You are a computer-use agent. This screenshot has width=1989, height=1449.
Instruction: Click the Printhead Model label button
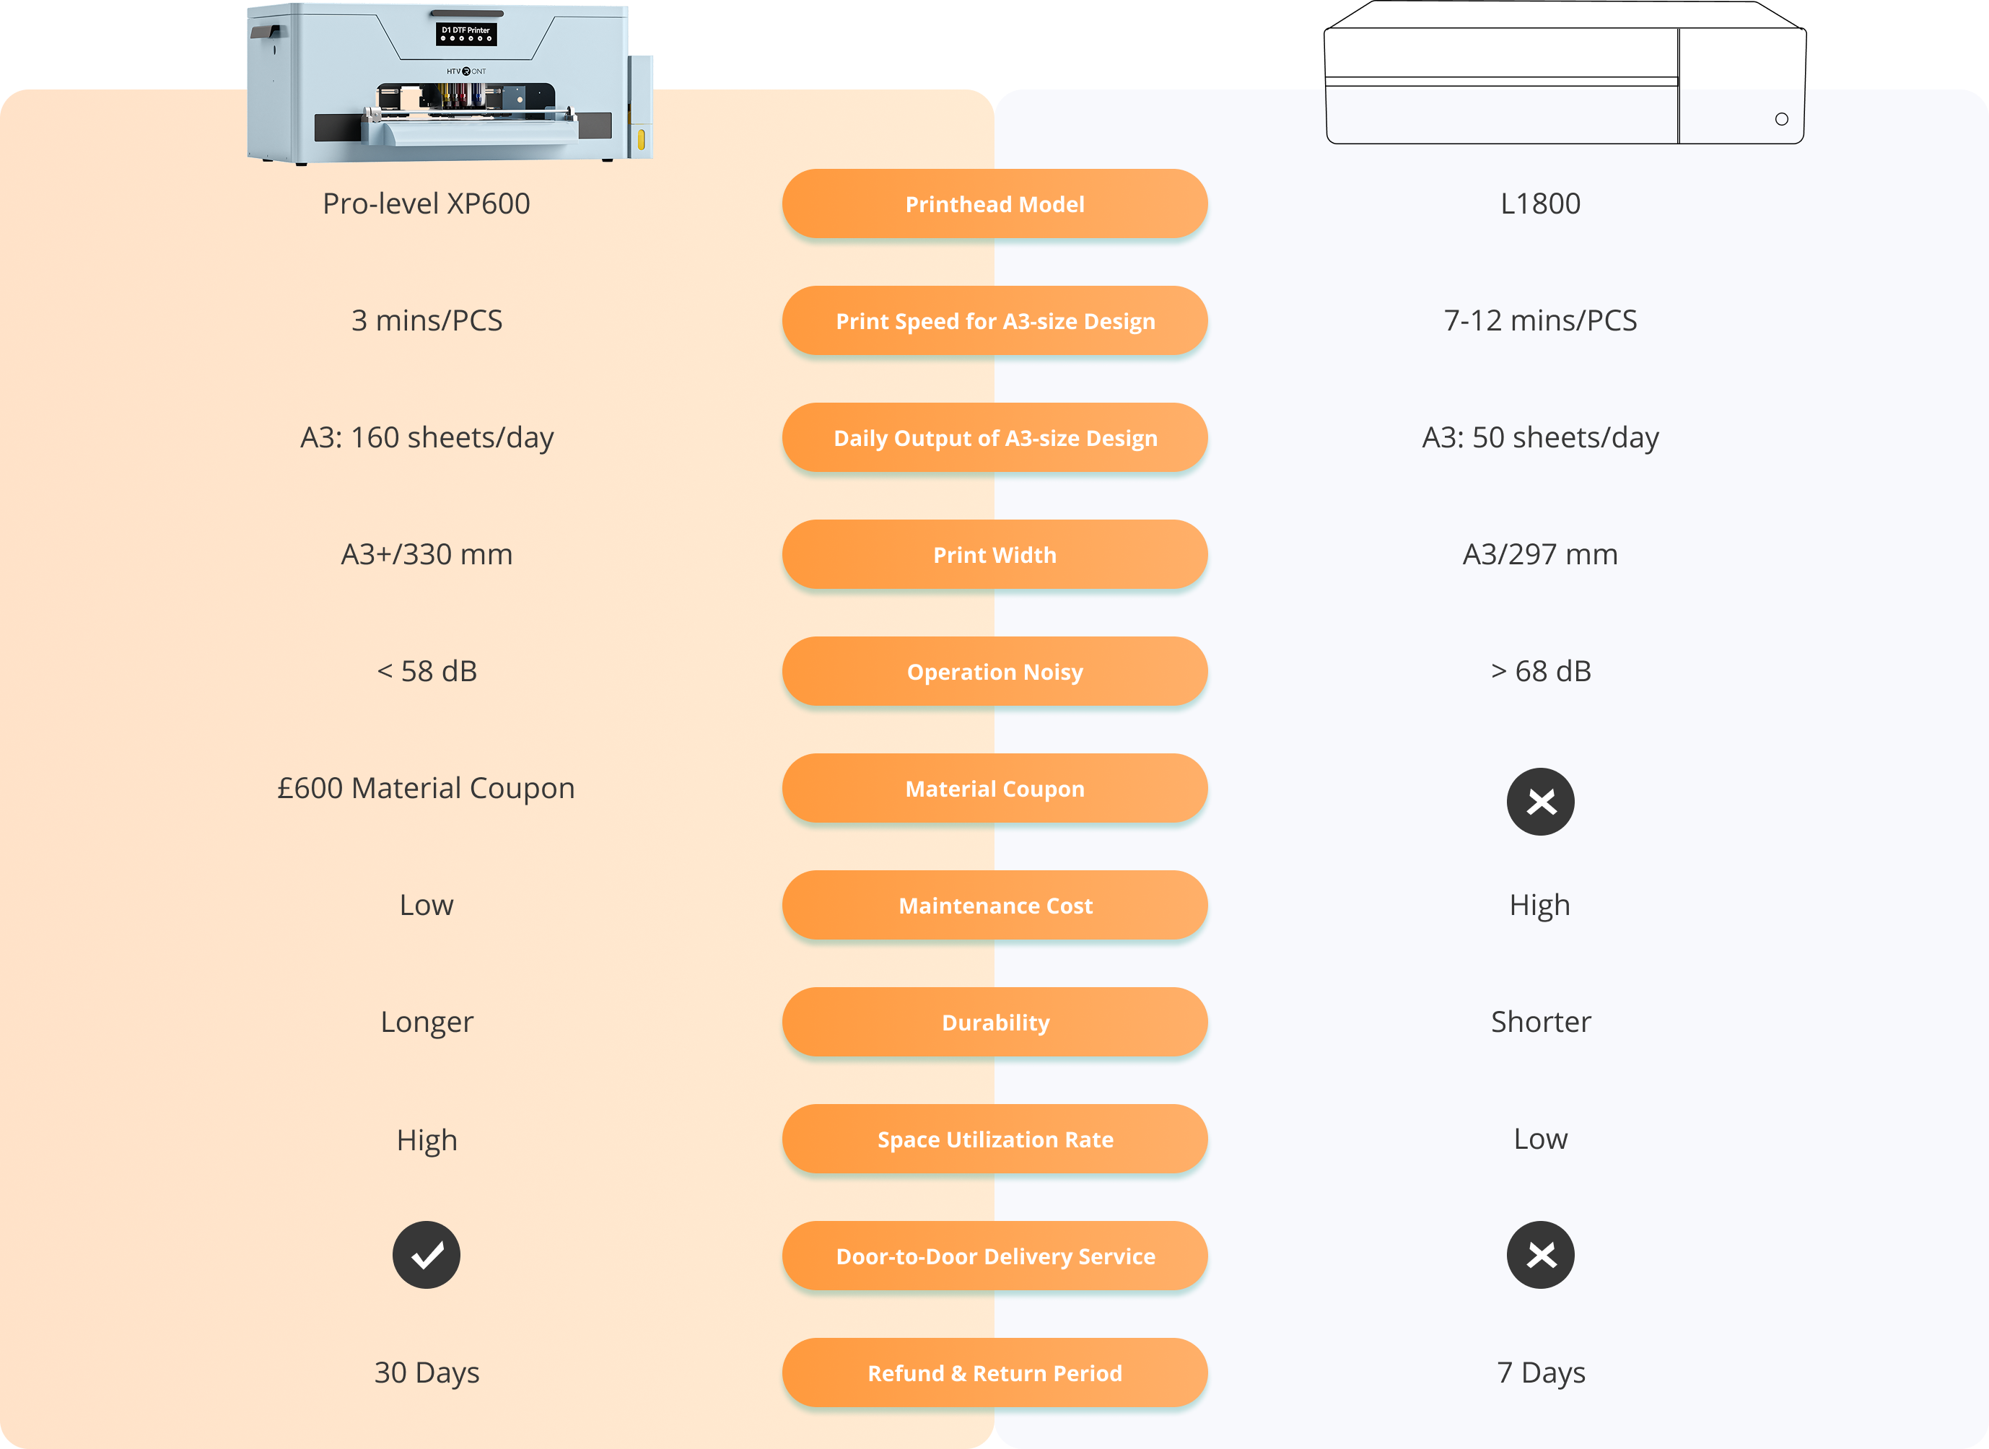[994, 203]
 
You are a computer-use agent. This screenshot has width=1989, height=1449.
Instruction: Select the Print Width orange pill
[994, 554]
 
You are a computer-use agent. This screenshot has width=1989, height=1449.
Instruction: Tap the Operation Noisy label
[994, 671]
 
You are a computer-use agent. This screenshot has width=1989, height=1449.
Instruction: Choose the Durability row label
[994, 1022]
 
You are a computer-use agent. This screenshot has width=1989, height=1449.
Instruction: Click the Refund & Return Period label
[994, 1373]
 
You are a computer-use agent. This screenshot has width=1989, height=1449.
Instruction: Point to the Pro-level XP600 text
[427, 203]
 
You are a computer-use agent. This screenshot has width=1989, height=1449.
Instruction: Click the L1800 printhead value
[1540, 203]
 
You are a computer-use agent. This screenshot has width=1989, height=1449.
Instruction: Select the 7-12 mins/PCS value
[1540, 320]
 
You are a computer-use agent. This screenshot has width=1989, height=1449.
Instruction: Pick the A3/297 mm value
[1540, 554]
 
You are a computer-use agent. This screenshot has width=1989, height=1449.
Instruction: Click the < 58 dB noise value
[427, 671]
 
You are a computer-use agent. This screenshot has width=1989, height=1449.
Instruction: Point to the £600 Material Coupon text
[427, 788]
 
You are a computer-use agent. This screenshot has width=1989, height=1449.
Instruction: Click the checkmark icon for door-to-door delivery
[427, 1255]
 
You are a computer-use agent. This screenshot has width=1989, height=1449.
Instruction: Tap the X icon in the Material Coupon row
[1541, 802]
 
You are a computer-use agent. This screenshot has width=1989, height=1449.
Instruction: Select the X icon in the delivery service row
[1541, 1255]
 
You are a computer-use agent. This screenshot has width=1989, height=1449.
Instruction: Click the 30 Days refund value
[427, 1373]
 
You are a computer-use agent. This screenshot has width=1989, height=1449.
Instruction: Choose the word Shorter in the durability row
[1541, 1022]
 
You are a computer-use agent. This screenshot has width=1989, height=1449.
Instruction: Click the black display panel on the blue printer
[465, 34]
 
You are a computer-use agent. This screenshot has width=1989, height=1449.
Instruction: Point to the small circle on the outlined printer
[1781, 119]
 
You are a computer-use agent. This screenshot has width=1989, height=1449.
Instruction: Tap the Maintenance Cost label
[994, 905]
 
